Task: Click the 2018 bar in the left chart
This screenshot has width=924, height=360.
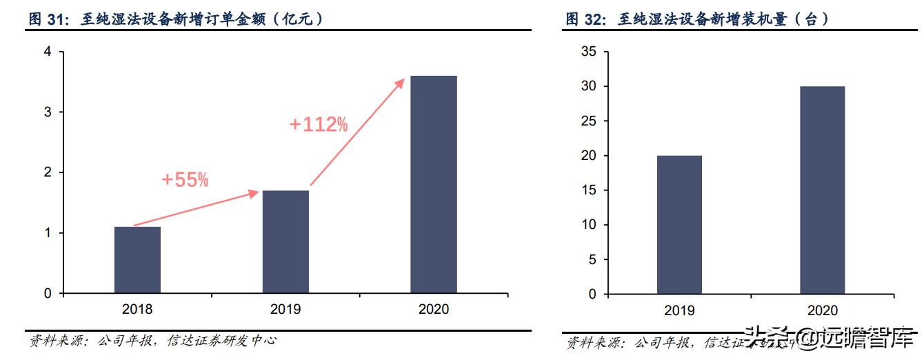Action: [137, 260]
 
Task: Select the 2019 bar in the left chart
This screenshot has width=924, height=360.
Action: [285, 241]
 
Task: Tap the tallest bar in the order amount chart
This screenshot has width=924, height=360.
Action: [434, 184]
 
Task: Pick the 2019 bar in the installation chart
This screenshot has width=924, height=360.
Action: [679, 225]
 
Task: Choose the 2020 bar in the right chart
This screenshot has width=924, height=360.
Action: [822, 190]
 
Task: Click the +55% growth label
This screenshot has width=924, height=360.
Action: [185, 180]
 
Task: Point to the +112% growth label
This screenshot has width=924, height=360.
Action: [319, 125]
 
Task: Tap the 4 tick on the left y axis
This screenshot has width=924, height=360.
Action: [48, 52]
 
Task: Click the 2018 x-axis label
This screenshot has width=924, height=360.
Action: [137, 309]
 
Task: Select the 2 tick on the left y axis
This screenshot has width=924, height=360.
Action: [48, 172]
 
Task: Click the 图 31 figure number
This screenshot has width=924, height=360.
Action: [47, 19]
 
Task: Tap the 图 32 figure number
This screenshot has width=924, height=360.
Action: [585, 19]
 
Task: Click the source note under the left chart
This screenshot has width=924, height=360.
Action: [152, 341]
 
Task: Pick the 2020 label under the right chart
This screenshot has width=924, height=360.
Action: [822, 310]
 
